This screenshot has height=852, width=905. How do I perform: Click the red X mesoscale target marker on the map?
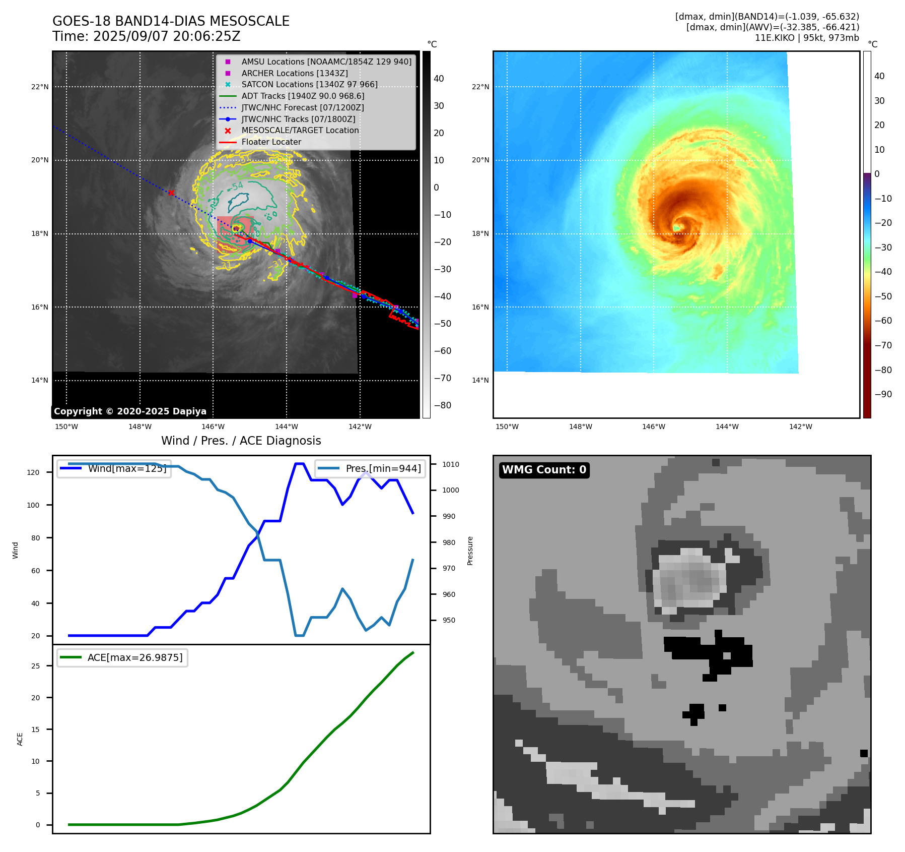point(171,193)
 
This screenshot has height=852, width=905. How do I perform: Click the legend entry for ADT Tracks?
point(303,96)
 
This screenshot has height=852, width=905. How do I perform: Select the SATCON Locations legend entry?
point(309,84)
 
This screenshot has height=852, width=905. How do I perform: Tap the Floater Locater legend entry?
point(271,142)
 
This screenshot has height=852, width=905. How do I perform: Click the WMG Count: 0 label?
point(544,470)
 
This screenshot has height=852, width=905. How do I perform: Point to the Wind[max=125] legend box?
point(114,468)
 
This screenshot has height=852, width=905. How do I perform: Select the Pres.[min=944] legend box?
point(371,468)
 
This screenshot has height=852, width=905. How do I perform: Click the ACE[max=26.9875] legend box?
point(122,657)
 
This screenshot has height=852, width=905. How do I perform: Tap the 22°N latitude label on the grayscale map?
point(40,87)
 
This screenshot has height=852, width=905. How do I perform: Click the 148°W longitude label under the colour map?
point(580,427)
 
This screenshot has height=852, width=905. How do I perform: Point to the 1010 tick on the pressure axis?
point(451,464)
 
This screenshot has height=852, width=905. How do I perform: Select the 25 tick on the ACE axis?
point(36,666)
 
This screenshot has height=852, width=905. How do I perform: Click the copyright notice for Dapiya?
point(130,411)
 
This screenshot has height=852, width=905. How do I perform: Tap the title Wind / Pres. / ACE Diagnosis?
point(241,441)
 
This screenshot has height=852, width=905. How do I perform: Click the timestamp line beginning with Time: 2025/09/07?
point(147,36)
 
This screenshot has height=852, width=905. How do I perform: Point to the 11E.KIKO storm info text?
point(807,38)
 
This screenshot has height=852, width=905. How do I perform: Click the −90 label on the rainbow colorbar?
point(883,394)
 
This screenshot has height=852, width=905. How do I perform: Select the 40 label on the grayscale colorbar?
point(439,79)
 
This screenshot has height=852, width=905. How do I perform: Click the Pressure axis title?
point(470,551)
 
